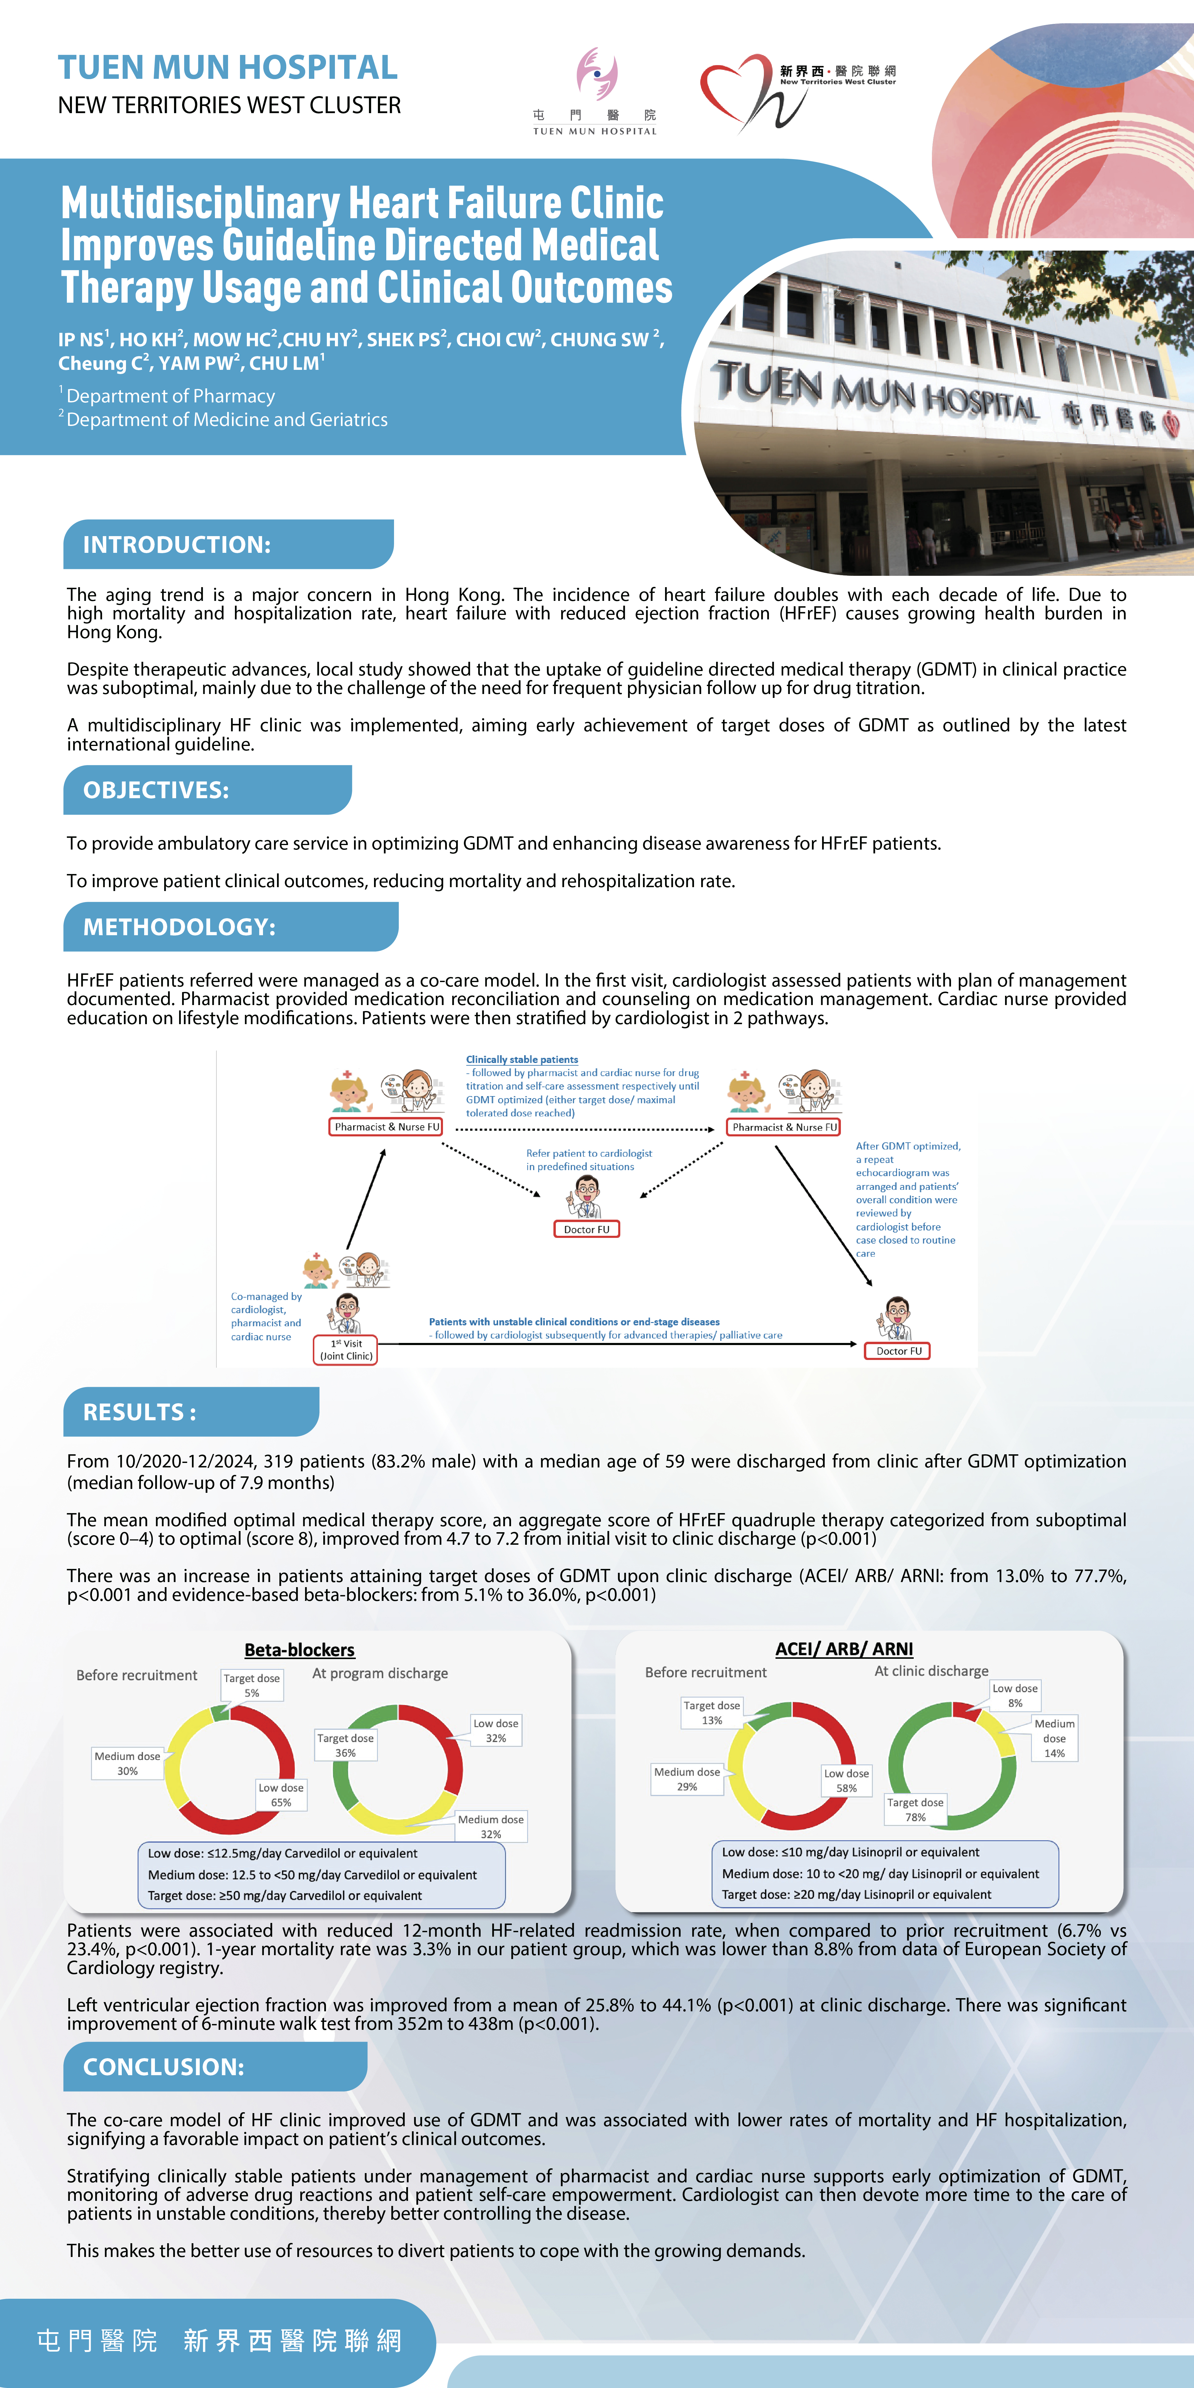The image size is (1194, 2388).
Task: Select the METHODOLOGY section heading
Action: [x=179, y=927]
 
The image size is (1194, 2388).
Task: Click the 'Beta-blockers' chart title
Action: [x=299, y=1650]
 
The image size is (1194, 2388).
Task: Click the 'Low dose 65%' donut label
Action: [x=281, y=1795]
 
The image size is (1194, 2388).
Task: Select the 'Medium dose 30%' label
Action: [x=127, y=1763]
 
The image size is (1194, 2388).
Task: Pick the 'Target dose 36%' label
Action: [x=345, y=1746]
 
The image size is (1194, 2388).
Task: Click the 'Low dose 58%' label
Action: [x=846, y=1780]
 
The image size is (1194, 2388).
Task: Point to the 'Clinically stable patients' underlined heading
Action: [x=522, y=1060]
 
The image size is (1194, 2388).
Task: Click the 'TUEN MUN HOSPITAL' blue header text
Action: [x=228, y=68]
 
